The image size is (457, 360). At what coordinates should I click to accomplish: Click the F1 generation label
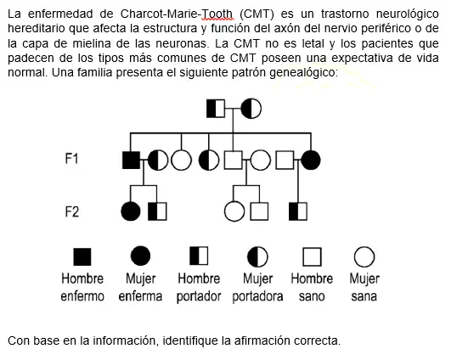click(71, 159)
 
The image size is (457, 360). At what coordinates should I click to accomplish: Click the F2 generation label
click(71, 211)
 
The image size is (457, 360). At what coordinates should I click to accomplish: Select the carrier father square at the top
click(216, 109)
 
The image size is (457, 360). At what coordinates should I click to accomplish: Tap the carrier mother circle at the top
click(251, 109)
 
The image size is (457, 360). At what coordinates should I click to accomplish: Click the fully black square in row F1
click(131, 160)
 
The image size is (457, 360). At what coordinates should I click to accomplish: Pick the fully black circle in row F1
click(311, 160)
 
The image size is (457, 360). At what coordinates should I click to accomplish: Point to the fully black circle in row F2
click(131, 211)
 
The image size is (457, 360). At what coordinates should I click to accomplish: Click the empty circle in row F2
click(234, 211)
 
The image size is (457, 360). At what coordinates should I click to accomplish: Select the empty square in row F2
click(259, 211)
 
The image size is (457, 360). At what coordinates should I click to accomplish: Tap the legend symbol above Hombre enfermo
click(82, 257)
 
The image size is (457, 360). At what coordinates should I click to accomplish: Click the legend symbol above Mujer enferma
click(140, 256)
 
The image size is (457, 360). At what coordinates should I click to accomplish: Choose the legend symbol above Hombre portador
click(199, 256)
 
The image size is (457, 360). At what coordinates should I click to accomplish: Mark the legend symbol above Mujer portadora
click(257, 257)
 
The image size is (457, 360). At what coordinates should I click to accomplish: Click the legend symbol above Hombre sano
click(312, 257)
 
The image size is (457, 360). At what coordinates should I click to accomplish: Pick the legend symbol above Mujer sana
click(364, 257)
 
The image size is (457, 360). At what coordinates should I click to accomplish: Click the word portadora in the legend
click(257, 296)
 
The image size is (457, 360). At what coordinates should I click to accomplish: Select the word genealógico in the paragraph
click(303, 72)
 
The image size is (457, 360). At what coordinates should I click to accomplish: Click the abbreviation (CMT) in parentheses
click(257, 14)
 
